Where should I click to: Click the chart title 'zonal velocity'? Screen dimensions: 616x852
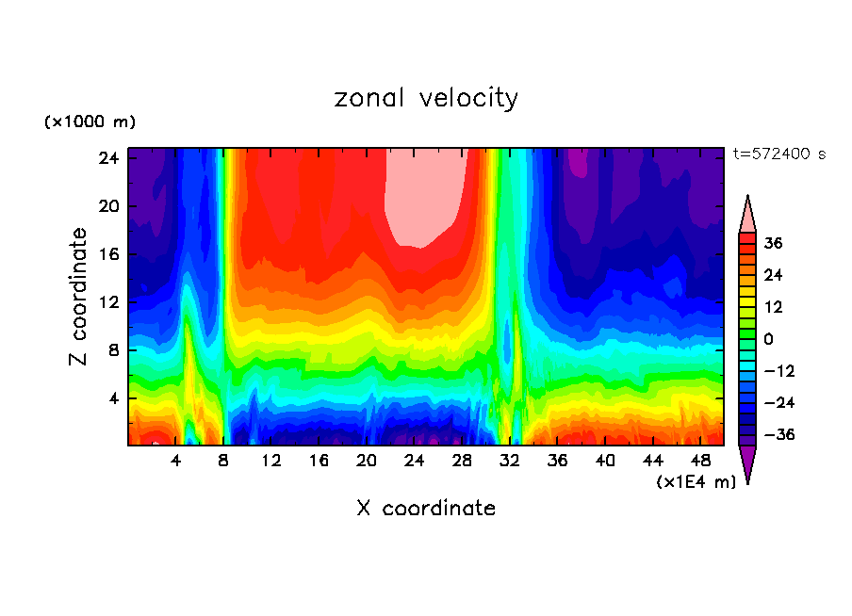pyautogui.click(x=426, y=98)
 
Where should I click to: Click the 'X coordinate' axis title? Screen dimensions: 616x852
pyautogui.click(x=426, y=509)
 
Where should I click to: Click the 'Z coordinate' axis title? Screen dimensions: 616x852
pyautogui.click(x=79, y=297)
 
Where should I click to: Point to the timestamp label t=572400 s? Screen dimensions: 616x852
pyautogui.click(x=778, y=154)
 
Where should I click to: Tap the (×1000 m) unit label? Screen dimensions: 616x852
pyautogui.click(x=90, y=122)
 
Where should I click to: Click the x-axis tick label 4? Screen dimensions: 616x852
pyautogui.click(x=176, y=461)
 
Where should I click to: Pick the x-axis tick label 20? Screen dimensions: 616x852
pyautogui.click(x=367, y=461)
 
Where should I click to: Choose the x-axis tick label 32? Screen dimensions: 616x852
pyautogui.click(x=510, y=461)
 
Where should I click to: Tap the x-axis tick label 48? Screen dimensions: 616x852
pyautogui.click(x=700, y=461)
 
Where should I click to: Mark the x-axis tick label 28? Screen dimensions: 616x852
pyautogui.click(x=462, y=461)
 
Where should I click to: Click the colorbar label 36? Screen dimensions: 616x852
pyautogui.click(x=774, y=243)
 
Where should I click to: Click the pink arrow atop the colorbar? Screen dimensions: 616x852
pyautogui.click(x=747, y=215)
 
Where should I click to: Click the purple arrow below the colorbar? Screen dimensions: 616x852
pyautogui.click(x=747, y=462)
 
